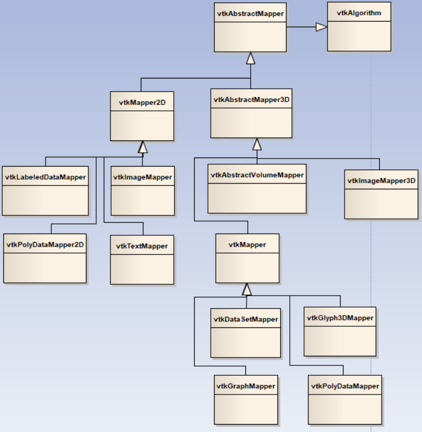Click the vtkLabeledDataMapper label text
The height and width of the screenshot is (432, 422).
45,177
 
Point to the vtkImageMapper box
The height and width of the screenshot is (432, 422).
142,191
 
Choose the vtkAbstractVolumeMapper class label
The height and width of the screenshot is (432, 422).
257,175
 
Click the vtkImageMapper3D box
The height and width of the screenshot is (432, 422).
381,194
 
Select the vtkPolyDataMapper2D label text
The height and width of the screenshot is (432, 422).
45,245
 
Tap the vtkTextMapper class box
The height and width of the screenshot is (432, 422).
142,260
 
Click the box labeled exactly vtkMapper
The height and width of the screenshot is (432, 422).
248,258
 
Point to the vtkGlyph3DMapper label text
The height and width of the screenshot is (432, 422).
340,318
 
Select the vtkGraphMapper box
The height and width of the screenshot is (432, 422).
245,400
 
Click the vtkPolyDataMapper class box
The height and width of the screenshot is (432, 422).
345,400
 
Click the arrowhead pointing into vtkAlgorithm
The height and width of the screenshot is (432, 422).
322,27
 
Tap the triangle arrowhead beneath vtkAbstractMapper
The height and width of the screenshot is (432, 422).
250,58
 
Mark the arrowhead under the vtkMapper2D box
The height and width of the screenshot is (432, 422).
142,147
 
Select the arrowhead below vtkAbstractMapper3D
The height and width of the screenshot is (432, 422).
257,144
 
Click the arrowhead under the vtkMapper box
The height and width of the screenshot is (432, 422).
247,289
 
